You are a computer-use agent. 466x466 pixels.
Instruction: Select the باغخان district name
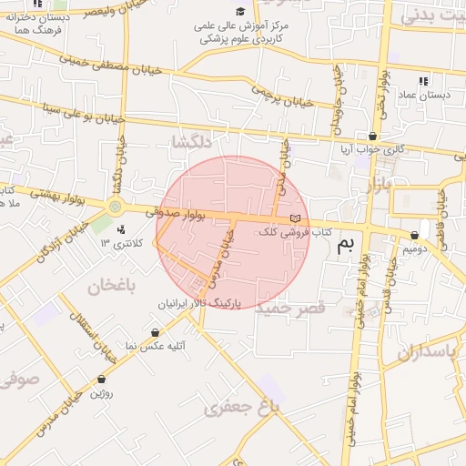(112, 287)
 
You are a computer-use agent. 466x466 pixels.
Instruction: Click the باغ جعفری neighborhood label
(240, 408)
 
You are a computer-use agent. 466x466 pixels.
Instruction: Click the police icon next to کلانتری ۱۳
(121, 228)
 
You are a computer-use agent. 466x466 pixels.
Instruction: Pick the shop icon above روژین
(101, 380)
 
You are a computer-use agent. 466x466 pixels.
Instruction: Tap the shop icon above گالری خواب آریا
(371, 136)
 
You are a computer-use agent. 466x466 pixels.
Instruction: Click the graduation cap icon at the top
(240, 12)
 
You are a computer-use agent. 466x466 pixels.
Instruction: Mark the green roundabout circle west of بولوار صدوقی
(115, 207)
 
